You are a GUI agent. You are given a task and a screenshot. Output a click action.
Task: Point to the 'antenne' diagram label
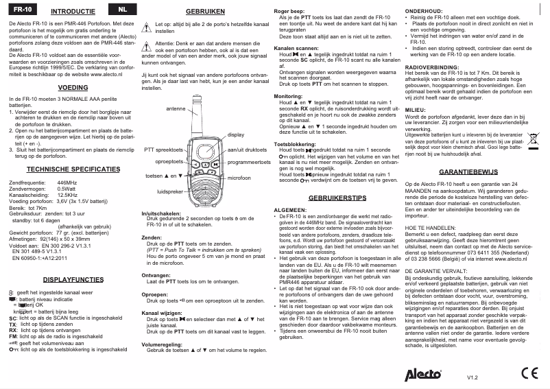(x=176, y=109)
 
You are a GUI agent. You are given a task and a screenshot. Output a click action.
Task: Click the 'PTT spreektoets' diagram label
(x=163, y=149)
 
